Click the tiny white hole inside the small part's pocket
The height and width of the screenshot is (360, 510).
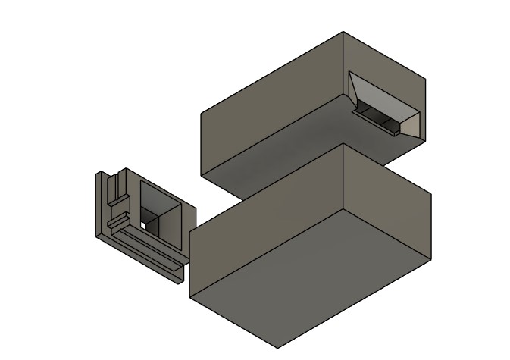pyautogui.click(x=142, y=225)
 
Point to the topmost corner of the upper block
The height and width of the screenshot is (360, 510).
pyautogui.click(x=343, y=32)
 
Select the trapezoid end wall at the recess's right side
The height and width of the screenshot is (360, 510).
pyautogui.click(x=413, y=121)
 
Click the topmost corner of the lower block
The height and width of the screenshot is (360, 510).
pyautogui.click(x=345, y=146)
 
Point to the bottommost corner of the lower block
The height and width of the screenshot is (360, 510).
pyautogui.click(x=277, y=348)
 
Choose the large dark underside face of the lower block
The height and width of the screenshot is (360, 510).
pyautogui.click(x=303, y=273)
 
